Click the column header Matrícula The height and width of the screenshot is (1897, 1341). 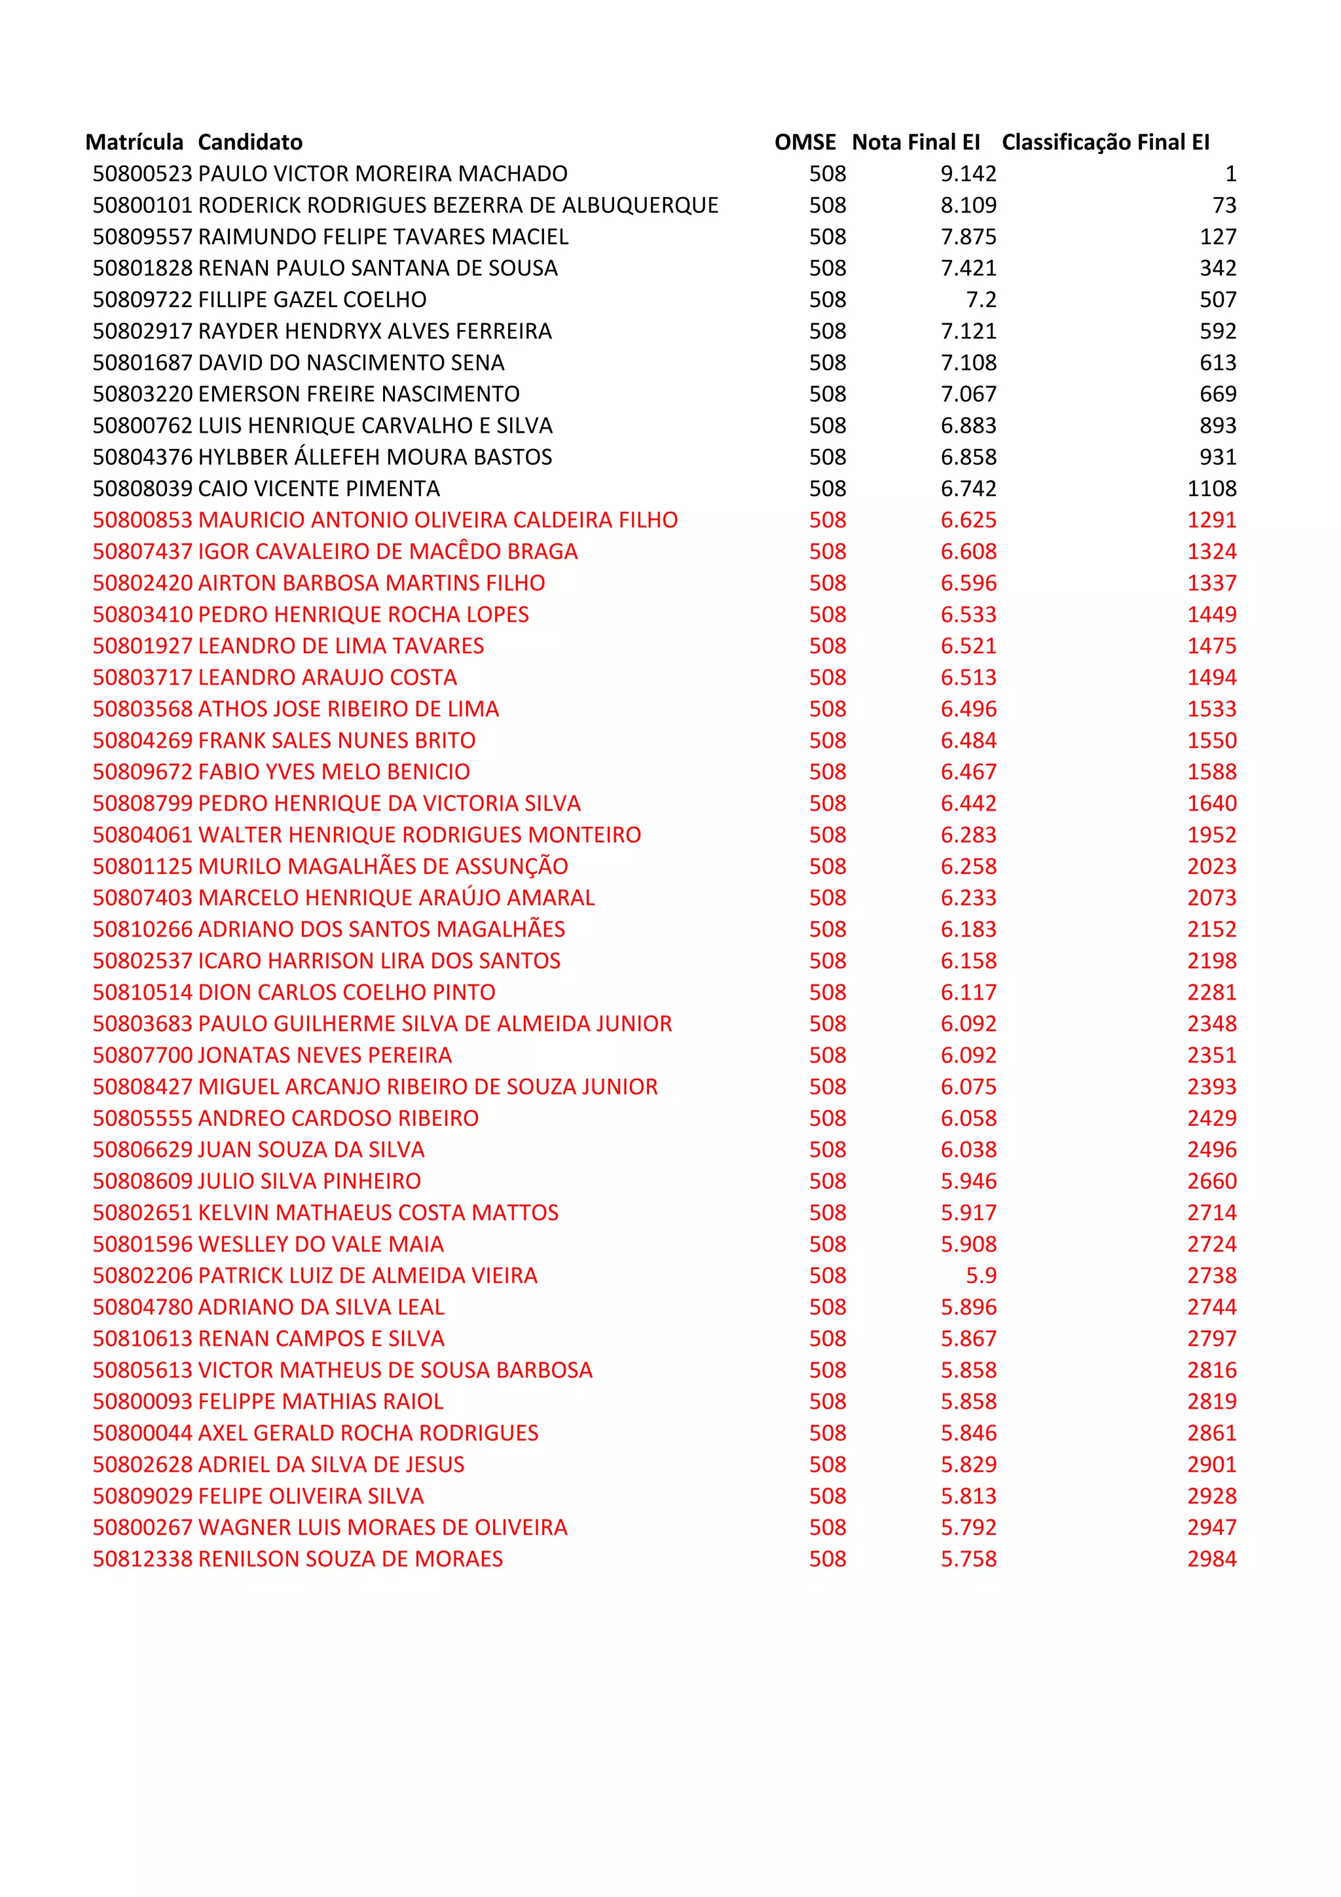(x=134, y=142)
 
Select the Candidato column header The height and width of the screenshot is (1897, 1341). (x=249, y=142)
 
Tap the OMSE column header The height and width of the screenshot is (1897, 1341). (x=805, y=142)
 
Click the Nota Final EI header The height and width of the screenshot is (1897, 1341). (x=915, y=142)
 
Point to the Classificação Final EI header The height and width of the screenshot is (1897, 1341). (x=1105, y=142)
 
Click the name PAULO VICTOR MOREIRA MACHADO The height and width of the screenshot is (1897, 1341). (x=382, y=173)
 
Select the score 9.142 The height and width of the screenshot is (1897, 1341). (x=968, y=173)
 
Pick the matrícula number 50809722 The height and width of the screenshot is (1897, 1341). (x=142, y=299)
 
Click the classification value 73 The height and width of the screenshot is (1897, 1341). (x=1224, y=205)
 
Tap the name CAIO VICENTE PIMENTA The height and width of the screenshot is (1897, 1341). (x=319, y=488)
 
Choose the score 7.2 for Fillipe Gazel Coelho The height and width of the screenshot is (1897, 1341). (x=981, y=299)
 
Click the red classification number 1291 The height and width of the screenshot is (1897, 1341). (x=1211, y=520)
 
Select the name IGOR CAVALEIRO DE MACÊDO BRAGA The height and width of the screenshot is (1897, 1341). (x=388, y=551)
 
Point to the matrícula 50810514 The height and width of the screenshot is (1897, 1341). (x=142, y=992)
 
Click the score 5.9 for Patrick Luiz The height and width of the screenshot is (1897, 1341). (x=981, y=1275)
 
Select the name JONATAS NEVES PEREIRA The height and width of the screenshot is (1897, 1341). (x=325, y=1055)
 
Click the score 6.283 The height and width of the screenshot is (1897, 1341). (x=968, y=835)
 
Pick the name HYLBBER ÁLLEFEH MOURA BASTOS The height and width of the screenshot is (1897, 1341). (x=375, y=457)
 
